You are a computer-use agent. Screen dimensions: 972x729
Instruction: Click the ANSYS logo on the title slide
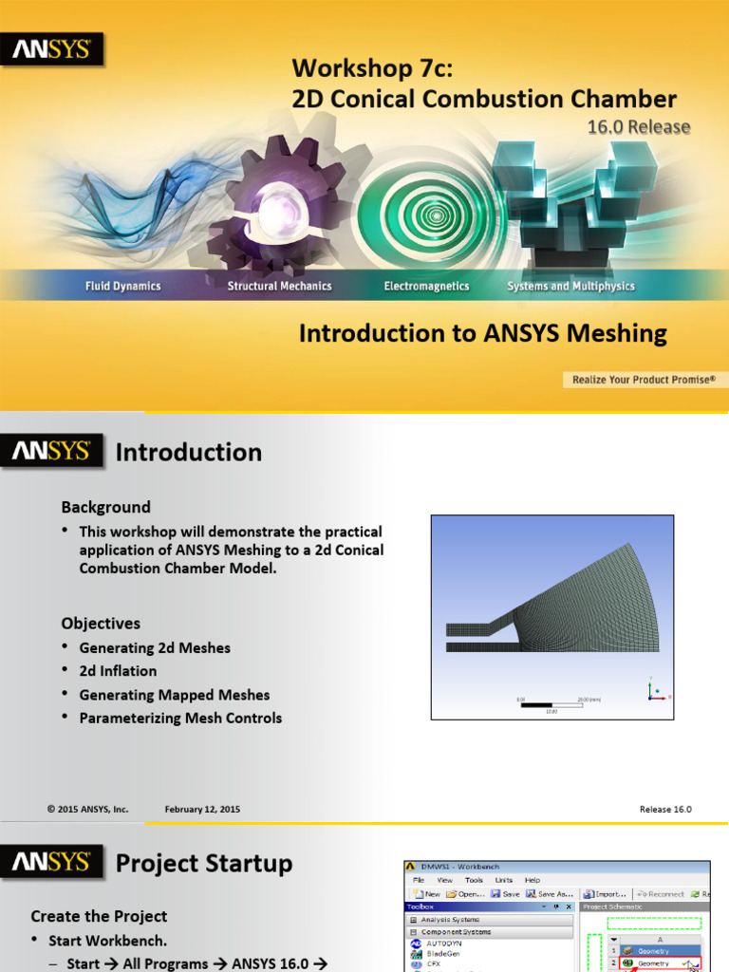(x=51, y=49)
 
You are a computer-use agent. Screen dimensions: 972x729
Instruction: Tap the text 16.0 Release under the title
(x=639, y=126)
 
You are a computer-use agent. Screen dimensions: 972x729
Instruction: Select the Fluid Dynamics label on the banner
(x=122, y=286)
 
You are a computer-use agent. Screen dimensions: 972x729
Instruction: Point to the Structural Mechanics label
(x=279, y=286)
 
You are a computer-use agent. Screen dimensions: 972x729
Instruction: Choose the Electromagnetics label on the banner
(x=426, y=286)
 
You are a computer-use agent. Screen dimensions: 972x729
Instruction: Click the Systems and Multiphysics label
(x=570, y=286)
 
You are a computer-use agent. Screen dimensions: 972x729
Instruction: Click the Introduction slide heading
(x=188, y=453)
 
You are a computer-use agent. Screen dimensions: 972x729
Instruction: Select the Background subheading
(x=105, y=507)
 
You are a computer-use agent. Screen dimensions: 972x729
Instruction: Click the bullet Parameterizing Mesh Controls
(x=180, y=718)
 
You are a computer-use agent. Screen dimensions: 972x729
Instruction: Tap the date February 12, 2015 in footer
(x=202, y=809)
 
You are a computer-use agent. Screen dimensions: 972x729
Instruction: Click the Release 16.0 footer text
(x=665, y=809)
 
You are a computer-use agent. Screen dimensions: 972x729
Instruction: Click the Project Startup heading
(x=203, y=864)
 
